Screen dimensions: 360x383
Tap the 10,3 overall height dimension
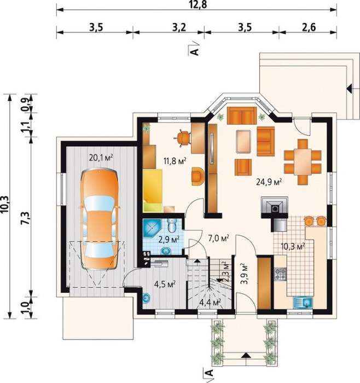[5, 205]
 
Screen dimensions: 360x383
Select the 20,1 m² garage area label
[101, 158]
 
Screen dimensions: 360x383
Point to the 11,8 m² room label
[175, 161]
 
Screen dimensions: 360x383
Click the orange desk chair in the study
[182, 138]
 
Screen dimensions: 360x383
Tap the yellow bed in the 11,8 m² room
[153, 190]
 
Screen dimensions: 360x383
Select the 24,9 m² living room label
[269, 182]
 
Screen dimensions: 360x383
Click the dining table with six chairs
[303, 161]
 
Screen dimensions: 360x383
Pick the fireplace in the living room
[275, 207]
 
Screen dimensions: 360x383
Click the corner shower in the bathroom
[152, 228]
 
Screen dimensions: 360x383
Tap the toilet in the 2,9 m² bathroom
[173, 225]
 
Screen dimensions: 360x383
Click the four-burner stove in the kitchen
[280, 274]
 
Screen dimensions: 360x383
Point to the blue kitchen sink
[303, 303]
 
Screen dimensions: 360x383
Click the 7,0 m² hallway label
[218, 238]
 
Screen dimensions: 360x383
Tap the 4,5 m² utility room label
[165, 284]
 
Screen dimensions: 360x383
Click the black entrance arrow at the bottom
[245, 355]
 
